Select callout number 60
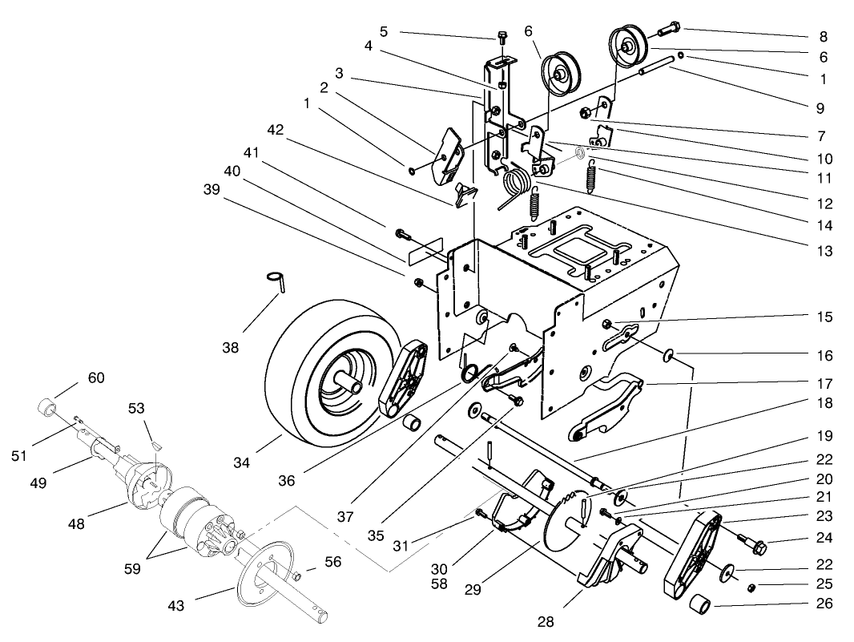(x=96, y=378)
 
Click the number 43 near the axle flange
(x=175, y=606)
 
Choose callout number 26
(x=824, y=604)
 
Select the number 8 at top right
(x=824, y=36)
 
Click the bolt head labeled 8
(x=671, y=30)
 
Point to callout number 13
(x=824, y=251)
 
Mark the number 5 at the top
(x=384, y=31)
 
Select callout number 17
(x=824, y=384)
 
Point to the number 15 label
(x=824, y=317)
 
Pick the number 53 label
(x=136, y=409)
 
